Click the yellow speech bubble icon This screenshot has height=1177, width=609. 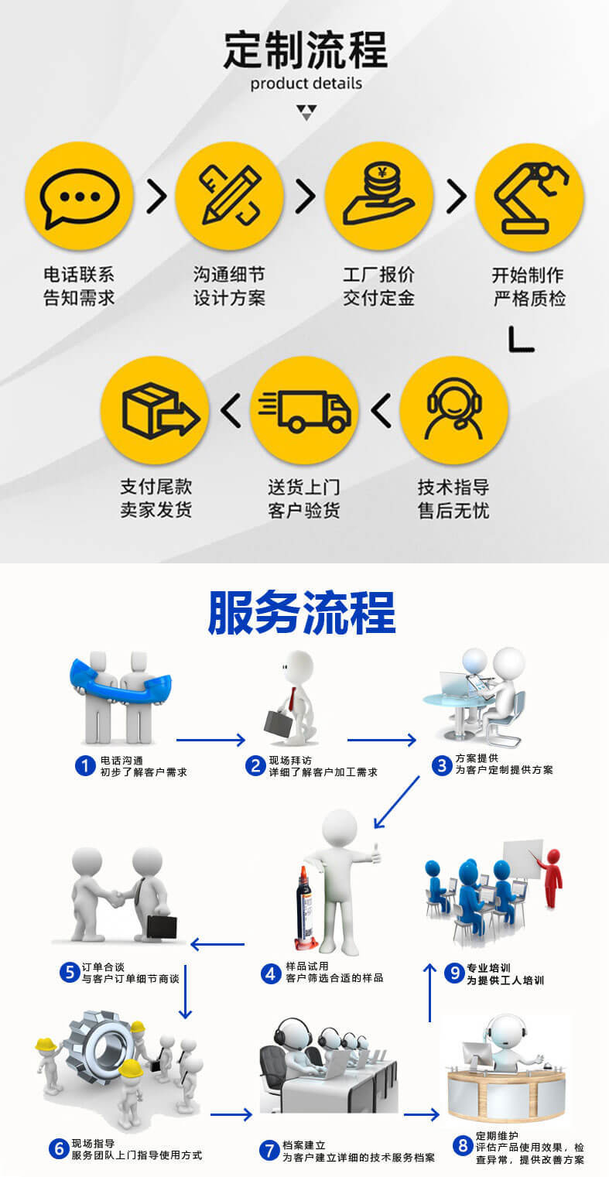tap(79, 196)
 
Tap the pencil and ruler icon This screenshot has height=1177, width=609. tap(229, 196)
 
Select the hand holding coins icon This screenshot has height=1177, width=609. tap(379, 196)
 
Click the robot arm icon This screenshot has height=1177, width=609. tap(529, 196)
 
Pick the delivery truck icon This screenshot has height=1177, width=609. tap(304, 410)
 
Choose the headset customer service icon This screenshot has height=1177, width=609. tap(454, 410)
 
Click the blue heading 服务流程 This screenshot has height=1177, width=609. tap(302, 613)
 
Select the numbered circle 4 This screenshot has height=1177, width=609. tap(270, 973)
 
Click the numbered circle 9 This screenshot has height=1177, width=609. tap(454, 973)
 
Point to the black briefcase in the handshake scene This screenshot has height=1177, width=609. tap(162, 926)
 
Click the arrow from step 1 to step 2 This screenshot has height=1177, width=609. tap(210, 741)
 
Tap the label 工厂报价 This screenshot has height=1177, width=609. tap(379, 275)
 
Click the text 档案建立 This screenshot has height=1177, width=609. tap(304, 1145)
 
